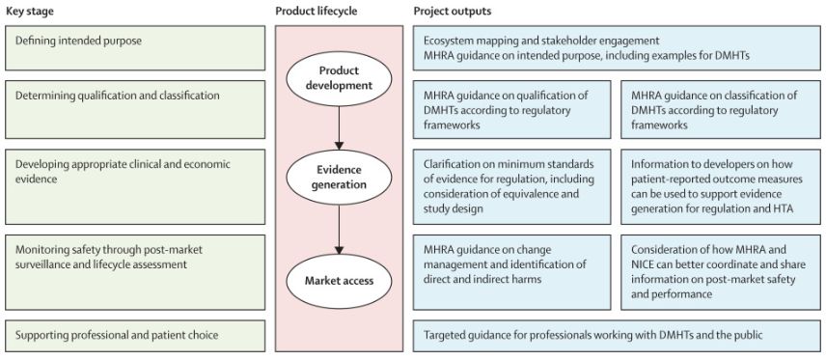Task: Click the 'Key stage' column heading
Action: (x=30, y=11)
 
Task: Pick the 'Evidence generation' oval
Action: (x=340, y=176)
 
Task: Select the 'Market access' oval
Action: (x=340, y=282)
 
